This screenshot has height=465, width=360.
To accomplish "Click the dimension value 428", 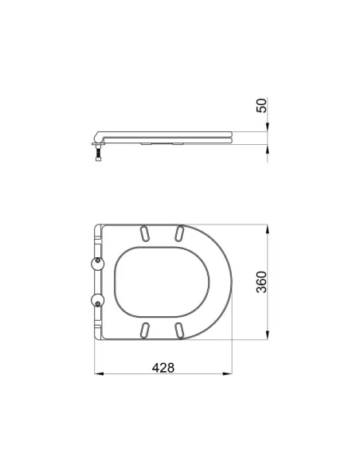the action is (163, 368).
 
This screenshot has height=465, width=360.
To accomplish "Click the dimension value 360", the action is (261, 282).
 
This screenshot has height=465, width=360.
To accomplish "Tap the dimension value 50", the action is (261, 106).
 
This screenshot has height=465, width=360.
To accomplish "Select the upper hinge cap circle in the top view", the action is (97, 263).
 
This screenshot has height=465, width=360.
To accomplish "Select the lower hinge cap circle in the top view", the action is (97, 300).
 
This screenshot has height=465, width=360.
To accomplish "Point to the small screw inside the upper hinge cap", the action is (97, 260).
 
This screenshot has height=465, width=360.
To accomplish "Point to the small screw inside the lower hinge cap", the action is (97, 303).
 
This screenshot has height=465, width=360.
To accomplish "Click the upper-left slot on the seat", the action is (144, 233).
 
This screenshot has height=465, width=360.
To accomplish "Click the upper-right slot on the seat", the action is (179, 233).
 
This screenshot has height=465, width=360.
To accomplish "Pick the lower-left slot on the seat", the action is (144, 330).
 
